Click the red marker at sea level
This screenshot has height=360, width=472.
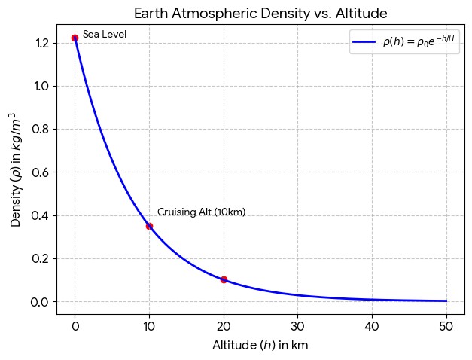coord(75,38)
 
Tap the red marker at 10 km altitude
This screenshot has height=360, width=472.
coord(149,226)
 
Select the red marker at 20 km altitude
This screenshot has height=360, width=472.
coord(224,280)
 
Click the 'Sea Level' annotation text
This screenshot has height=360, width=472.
coord(105,35)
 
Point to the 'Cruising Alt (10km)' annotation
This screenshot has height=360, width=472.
coord(202,212)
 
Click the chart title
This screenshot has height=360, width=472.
coord(260,14)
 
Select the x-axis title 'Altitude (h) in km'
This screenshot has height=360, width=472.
coord(260,345)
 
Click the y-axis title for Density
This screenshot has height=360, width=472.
coord(15,170)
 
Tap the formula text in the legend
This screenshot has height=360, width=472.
coord(419,41)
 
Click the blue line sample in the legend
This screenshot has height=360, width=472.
coord(364,42)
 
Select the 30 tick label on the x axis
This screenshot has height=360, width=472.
coord(297,327)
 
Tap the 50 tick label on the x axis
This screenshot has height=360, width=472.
coord(446,327)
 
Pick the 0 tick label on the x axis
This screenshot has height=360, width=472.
coord(75,327)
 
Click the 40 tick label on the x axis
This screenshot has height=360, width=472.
coord(372,327)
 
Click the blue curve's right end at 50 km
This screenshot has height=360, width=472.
coord(446,301)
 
